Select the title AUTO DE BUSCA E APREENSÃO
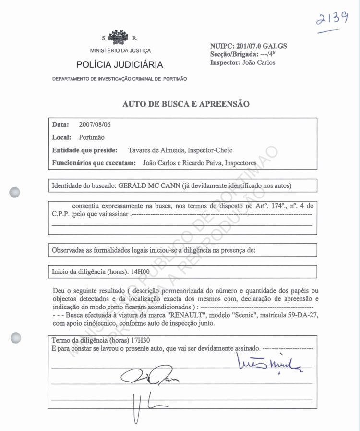pyautogui.click(x=186, y=104)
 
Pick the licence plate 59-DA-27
pyautogui.click(x=301, y=315)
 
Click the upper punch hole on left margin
pyautogui.click(x=15, y=192)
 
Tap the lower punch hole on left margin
pyautogui.click(x=15, y=337)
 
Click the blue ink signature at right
pyautogui.click(x=269, y=364)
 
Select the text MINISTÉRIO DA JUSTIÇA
pyautogui.click(x=120, y=51)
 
